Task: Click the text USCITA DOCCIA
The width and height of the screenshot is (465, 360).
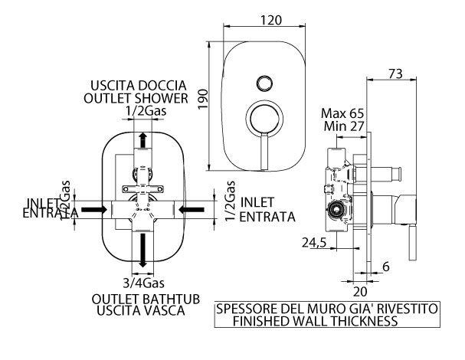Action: point(139,85)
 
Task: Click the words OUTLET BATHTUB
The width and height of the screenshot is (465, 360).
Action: point(142,298)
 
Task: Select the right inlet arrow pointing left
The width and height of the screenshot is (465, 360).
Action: point(189,208)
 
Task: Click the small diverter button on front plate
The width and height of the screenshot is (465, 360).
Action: point(264,82)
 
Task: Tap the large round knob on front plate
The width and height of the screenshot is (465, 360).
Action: point(264,119)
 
